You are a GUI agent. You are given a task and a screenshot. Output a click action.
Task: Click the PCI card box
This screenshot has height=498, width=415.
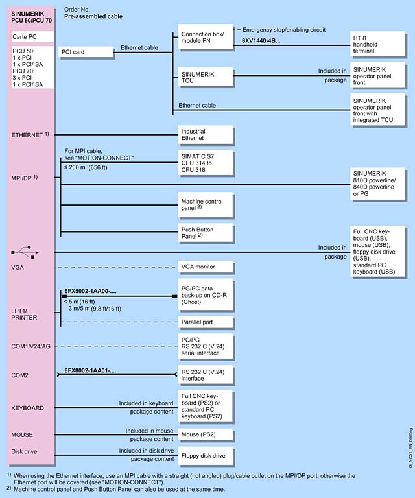pyautogui.click(x=85, y=51)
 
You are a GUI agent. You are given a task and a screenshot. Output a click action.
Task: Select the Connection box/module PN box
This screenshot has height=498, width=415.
pyautogui.click(x=204, y=38)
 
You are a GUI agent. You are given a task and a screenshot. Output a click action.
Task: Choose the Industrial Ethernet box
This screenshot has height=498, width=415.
pyautogui.click(x=205, y=135)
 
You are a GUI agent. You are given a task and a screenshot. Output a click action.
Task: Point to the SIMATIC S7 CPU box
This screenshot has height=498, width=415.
pyautogui.click(x=205, y=163)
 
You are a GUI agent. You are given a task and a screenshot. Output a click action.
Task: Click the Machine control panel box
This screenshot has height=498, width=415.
pyautogui.click(x=205, y=204)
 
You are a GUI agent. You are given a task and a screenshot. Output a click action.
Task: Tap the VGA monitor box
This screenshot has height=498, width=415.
pyautogui.click(x=205, y=267)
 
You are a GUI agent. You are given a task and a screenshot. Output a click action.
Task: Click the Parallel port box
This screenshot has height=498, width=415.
pyautogui.click(x=205, y=322)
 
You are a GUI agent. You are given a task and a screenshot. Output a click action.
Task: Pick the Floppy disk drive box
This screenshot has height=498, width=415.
pyautogui.click(x=205, y=456)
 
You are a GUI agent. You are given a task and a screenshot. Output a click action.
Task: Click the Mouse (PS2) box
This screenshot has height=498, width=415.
pyautogui.click(x=205, y=434)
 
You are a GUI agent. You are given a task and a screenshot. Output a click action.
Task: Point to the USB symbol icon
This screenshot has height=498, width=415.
pyautogui.click(x=25, y=252)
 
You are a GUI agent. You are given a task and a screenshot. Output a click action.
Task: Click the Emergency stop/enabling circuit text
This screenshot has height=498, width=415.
pyautogui.click(x=284, y=30)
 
